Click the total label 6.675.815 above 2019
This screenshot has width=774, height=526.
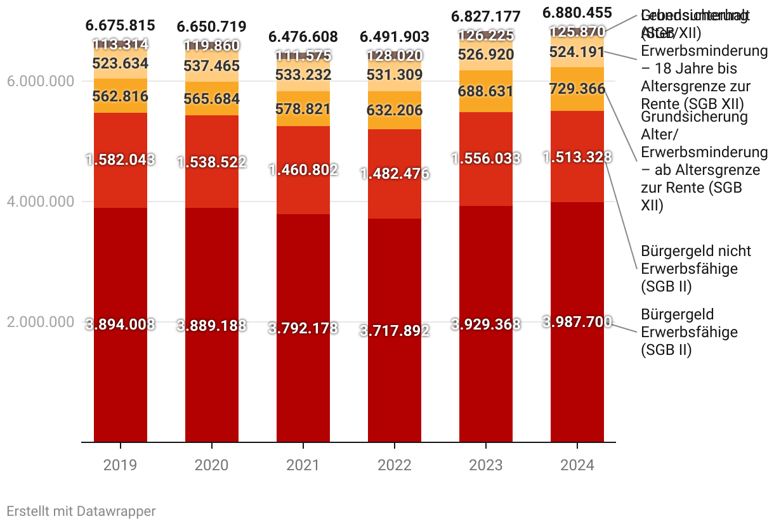pyautogui.click(x=121, y=26)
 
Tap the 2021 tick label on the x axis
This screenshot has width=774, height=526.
pyautogui.click(x=303, y=466)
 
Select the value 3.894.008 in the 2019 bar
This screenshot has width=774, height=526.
pyautogui.click(x=121, y=324)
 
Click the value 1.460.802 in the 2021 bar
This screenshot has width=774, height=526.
pyautogui.click(x=303, y=169)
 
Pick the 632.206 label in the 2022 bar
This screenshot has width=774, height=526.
pyautogui.click(x=395, y=110)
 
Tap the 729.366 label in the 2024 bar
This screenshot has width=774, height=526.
pyautogui.click(x=577, y=89)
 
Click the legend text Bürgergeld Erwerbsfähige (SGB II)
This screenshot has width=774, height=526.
pyautogui.click(x=678, y=331)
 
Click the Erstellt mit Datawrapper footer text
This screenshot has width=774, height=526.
pyautogui.click(x=81, y=511)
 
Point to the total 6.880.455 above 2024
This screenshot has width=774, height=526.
pyautogui.click(x=577, y=13)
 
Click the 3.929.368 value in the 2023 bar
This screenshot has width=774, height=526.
pyautogui.click(x=486, y=324)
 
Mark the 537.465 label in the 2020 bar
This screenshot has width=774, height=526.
pyautogui.click(x=212, y=65)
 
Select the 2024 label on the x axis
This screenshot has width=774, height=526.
pyautogui.click(x=577, y=466)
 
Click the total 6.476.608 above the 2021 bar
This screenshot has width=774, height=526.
pyautogui.click(x=303, y=36)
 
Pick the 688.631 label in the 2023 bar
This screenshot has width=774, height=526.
pyautogui.click(x=486, y=91)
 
